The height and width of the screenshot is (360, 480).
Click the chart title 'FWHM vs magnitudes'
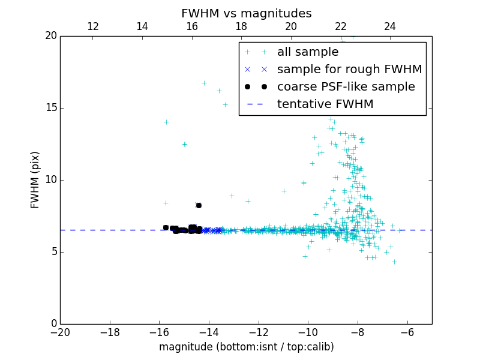click(x=246, y=13)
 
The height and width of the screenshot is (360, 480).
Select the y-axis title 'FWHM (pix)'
click(x=35, y=180)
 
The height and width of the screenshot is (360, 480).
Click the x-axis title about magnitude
click(x=246, y=347)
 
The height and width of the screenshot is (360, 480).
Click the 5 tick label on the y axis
click(x=53, y=252)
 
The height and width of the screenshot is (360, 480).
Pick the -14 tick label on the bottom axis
click(x=209, y=332)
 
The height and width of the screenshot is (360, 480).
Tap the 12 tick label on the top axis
click(x=93, y=26)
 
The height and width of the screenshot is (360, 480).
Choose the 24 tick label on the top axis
click(x=390, y=26)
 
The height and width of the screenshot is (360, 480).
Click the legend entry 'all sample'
click(x=308, y=52)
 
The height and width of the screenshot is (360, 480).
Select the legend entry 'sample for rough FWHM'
click(x=349, y=70)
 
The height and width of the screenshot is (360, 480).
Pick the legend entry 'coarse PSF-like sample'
click(x=346, y=87)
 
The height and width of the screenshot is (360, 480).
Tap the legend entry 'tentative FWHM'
click(x=325, y=104)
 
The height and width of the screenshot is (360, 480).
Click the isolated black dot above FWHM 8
click(x=199, y=205)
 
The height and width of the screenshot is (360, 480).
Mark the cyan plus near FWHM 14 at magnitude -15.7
click(x=166, y=122)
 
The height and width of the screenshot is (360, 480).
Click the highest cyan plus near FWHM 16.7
click(x=204, y=83)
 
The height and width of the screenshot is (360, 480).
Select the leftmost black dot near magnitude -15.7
click(x=166, y=227)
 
